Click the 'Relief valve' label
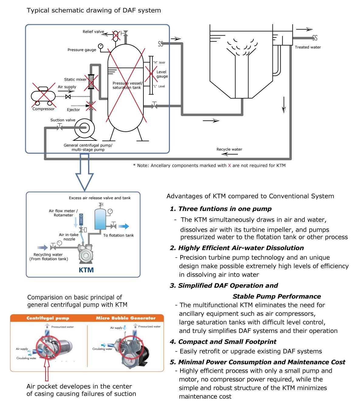click(93, 32)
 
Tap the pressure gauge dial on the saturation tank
click(101, 46)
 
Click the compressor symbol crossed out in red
click(43, 96)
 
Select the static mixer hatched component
click(91, 81)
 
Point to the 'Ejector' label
click(73, 110)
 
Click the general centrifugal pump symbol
click(84, 128)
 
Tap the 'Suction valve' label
click(63, 120)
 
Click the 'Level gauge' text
click(162, 74)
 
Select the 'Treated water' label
click(307, 47)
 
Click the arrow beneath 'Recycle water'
click(229, 154)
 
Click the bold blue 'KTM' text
click(86, 270)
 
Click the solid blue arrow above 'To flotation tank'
click(124, 226)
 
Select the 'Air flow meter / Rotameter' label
click(63, 213)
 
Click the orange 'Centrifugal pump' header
click(48, 318)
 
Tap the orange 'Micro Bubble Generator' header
click(126, 318)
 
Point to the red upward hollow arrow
click(47, 369)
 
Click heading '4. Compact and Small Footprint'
click(223, 341)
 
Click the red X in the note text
click(229, 166)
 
